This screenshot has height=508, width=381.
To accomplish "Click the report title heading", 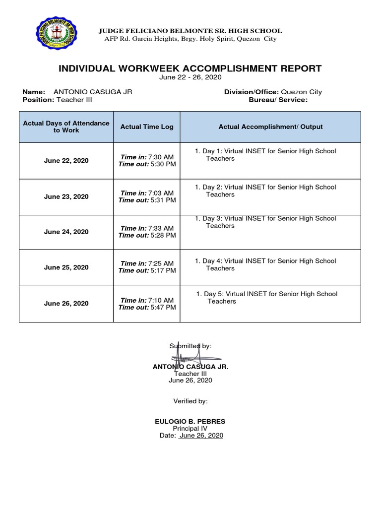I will point(190,68).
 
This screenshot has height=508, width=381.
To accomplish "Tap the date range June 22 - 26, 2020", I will point(190,77).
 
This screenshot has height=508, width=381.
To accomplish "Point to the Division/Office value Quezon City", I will point(301,92).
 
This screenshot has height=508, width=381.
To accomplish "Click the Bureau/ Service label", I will point(278,100).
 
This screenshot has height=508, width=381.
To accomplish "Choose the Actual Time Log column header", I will point(147,127).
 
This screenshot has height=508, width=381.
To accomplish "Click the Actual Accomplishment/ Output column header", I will point(270,127).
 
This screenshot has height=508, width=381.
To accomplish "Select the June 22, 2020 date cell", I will point(66,161).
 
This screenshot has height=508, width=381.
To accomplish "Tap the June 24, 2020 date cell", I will point(66,232).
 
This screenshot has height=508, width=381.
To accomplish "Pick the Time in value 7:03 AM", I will point(161,193).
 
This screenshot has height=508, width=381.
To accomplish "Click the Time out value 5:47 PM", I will point(163,308).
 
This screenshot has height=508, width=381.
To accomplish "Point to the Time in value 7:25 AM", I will point(161,263).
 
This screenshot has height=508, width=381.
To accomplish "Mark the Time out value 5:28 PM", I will point(163,236).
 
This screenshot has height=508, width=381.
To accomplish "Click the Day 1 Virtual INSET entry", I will point(265,155).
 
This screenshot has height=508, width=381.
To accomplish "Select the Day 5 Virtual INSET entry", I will point(267,298).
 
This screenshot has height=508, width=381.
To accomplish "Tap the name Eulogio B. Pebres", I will point(190,422).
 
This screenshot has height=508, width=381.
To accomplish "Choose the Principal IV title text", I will point(190,429).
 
